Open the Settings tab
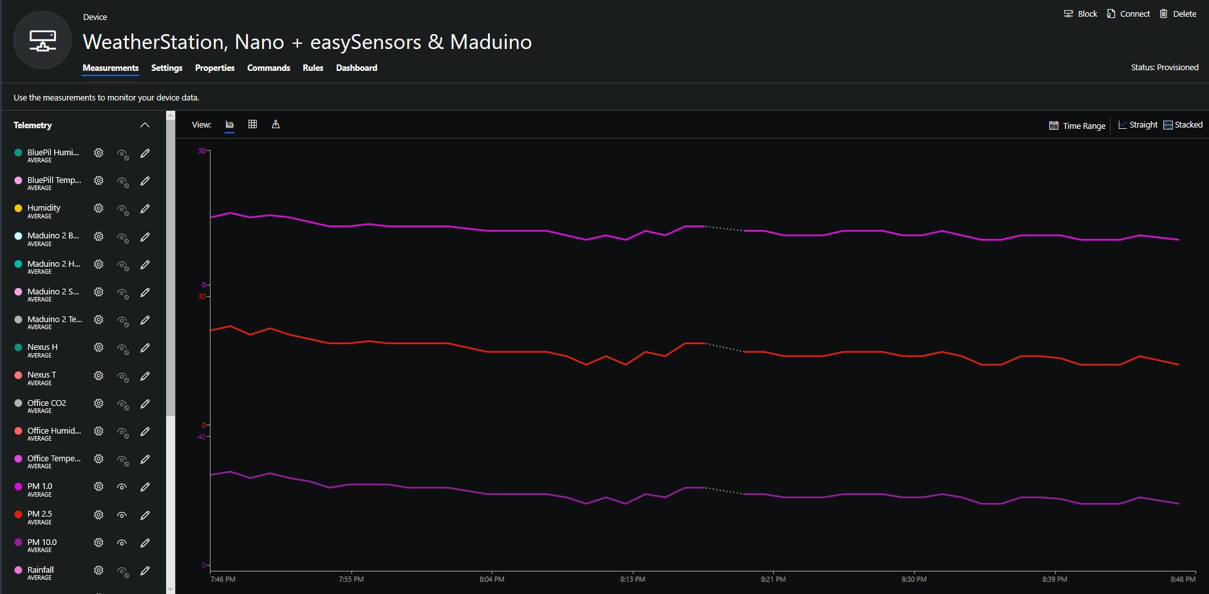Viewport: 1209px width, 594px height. click(x=167, y=68)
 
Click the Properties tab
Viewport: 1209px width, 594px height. click(x=214, y=68)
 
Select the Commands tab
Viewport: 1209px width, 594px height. click(x=268, y=68)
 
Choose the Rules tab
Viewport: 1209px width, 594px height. click(x=313, y=68)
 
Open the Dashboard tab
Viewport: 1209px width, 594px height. click(x=357, y=68)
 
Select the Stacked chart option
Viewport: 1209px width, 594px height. click(x=1183, y=125)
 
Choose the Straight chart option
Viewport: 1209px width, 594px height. click(x=1138, y=125)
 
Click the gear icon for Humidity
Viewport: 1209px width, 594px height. click(x=98, y=209)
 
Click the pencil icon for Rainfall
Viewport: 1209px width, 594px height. click(x=145, y=571)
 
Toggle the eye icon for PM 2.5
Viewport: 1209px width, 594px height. click(x=122, y=515)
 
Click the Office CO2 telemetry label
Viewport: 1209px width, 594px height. click(x=46, y=403)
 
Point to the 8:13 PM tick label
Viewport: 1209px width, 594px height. click(x=632, y=579)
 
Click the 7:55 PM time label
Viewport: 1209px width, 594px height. click(x=351, y=579)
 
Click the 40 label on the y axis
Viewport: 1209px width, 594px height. click(x=201, y=437)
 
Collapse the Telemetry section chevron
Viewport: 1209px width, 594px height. click(x=145, y=125)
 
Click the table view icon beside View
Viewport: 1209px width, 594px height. click(x=252, y=124)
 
